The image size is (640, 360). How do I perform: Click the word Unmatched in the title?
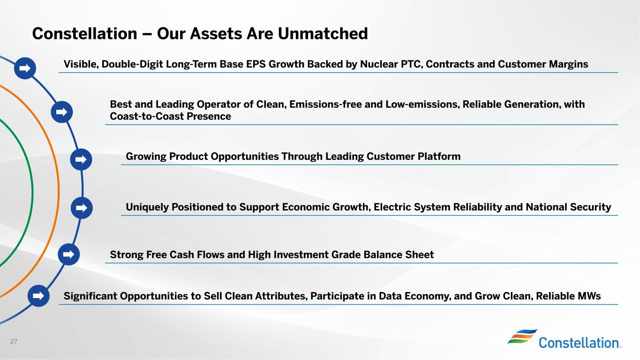click(323, 33)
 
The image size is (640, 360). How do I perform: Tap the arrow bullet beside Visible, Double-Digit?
click(25, 68)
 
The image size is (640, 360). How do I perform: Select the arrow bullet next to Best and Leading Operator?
click(62, 112)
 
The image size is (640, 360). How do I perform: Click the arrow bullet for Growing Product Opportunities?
click(81, 159)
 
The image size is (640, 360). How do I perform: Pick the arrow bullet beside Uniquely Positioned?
click(82, 208)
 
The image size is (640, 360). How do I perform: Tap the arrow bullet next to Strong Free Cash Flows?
click(68, 254)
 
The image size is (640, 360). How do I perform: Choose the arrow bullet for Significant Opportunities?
click(38, 296)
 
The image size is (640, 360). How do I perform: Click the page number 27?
click(14, 341)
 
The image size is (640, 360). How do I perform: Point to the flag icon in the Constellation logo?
click(522, 336)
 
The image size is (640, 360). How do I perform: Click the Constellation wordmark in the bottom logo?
click(580, 343)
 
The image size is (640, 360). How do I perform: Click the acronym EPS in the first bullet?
click(256, 64)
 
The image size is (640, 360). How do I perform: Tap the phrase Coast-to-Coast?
click(147, 116)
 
